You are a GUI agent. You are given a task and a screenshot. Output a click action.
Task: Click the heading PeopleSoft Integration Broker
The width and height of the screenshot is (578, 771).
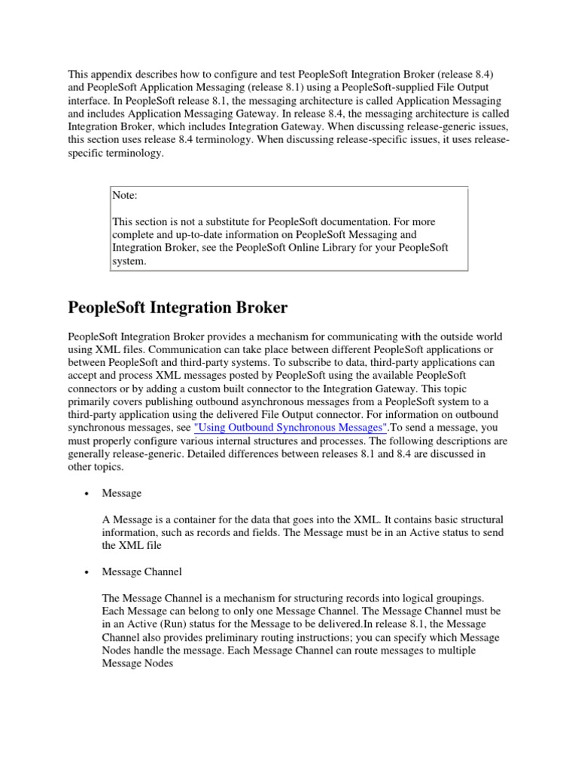178,307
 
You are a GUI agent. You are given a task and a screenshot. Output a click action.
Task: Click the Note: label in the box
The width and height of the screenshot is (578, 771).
125,195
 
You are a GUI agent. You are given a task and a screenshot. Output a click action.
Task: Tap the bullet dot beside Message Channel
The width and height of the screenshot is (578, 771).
87,572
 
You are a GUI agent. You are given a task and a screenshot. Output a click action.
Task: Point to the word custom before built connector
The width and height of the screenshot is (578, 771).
205,389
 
